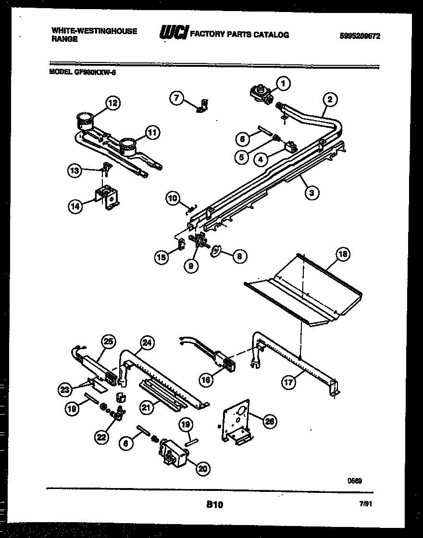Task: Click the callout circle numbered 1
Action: [283, 84]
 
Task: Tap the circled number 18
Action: [343, 254]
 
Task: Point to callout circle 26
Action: [270, 420]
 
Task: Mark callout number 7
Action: [177, 98]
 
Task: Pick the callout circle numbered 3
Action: [312, 193]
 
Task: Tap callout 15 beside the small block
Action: [162, 257]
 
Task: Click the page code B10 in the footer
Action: [215, 504]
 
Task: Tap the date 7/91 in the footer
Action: [366, 504]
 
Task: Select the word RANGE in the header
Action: [64, 39]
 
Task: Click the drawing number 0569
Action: [355, 480]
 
